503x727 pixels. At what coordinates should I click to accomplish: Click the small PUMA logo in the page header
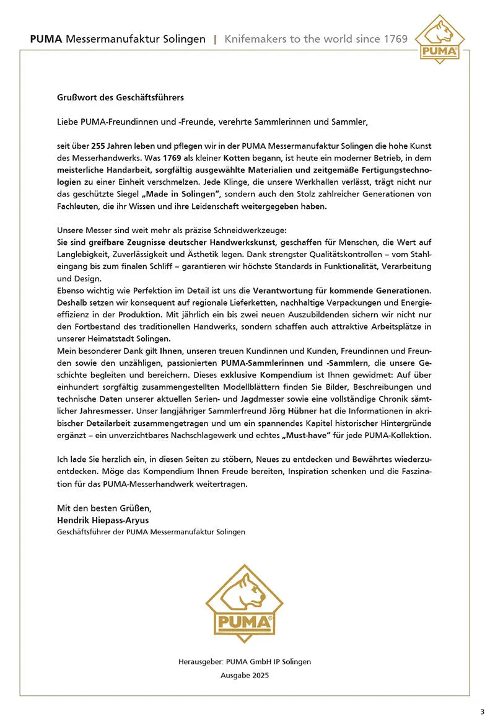tap(440, 39)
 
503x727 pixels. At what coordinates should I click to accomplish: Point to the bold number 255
tap(98, 146)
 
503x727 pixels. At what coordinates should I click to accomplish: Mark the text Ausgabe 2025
tap(245, 675)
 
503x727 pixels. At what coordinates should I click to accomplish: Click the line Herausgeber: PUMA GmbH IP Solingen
tap(245, 661)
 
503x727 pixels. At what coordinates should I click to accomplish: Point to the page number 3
tap(483, 711)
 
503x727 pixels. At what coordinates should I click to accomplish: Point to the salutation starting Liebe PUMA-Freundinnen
tap(212, 122)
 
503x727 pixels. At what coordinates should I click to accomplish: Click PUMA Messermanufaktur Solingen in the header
tap(118, 39)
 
